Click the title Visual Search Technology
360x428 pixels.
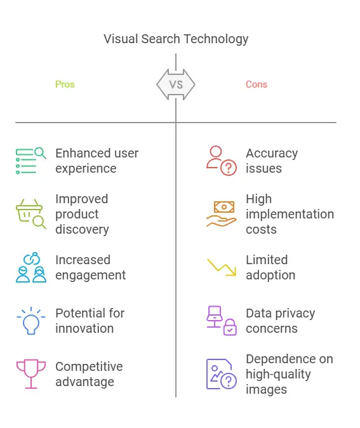(x=176, y=39)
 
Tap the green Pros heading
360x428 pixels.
(x=65, y=84)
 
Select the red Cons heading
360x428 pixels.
(x=257, y=84)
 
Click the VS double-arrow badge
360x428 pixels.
(x=176, y=84)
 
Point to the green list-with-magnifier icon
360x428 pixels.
(x=31, y=161)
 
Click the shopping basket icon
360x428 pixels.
(x=31, y=214)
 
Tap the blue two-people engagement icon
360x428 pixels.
(x=31, y=267)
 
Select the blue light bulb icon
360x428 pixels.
(x=31, y=321)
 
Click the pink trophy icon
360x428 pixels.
(x=31, y=374)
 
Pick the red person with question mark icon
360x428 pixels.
(x=222, y=161)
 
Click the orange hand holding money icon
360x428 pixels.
(x=222, y=214)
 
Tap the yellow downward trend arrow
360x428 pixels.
(x=222, y=267)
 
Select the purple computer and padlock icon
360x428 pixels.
(x=222, y=321)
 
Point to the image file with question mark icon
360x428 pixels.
(x=222, y=374)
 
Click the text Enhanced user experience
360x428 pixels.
(x=97, y=161)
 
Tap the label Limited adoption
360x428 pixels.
(x=270, y=267)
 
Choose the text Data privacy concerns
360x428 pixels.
(x=280, y=321)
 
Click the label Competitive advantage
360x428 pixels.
(x=89, y=374)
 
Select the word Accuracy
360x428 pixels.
(x=272, y=154)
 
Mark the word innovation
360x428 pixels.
(x=84, y=328)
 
